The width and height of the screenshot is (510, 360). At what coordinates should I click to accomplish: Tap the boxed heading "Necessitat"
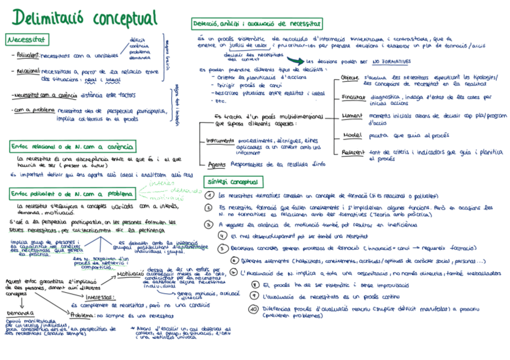27,40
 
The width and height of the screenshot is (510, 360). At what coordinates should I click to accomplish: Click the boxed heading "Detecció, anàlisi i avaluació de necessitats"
257,24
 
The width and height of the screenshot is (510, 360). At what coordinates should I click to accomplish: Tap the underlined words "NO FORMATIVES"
391,61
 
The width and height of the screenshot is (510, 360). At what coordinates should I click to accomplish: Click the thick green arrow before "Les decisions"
295,60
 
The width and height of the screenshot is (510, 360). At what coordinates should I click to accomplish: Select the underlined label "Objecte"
349,78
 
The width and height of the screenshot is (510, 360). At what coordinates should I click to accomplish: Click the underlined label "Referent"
353,153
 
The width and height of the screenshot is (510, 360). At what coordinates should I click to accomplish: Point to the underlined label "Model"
351,135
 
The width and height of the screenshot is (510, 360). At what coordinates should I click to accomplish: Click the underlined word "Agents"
216,163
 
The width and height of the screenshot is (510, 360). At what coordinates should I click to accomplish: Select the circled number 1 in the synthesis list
209,196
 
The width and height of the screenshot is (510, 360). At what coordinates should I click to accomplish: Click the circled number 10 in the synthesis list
253,309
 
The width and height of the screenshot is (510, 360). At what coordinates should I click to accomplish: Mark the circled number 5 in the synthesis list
223,247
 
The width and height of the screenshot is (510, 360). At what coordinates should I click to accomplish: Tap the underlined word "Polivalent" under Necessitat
28,56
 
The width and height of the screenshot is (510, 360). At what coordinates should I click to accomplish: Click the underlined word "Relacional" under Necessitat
28,72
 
